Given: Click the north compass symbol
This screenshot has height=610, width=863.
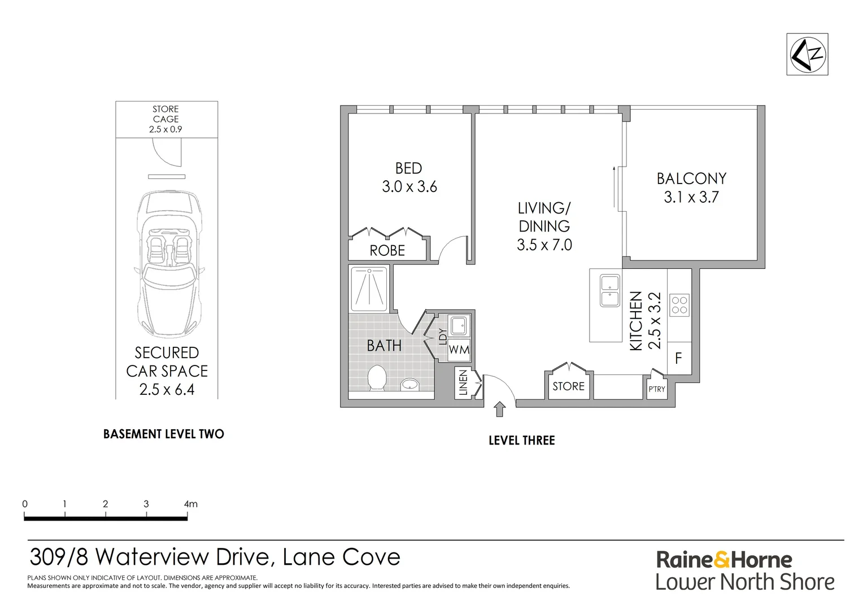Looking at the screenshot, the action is [x=807, y=54].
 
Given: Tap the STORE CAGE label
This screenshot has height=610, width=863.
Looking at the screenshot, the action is [x=165, y=114].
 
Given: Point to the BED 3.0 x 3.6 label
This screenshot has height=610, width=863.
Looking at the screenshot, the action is [x=409, y=178].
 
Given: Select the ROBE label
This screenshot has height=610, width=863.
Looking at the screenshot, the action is [x=387, y=251].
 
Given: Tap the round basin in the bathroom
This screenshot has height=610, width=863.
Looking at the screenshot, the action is [x=410, y=384].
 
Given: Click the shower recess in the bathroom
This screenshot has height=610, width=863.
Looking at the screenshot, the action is [x=369, y=289].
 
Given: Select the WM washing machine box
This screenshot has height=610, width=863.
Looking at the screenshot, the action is [x=459, y=350].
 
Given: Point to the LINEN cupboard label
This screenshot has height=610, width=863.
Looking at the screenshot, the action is [x=463, y=382].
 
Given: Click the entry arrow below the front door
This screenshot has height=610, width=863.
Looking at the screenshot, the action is [x=499, y=409].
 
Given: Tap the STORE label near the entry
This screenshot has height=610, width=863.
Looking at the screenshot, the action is [x=568, y=386].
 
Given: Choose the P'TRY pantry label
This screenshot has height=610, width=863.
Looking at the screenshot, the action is [x=657, y=389].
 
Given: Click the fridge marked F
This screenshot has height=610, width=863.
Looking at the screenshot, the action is [x=679, y=358].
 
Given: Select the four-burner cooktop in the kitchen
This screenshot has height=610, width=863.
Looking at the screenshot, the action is [x=679, y=306].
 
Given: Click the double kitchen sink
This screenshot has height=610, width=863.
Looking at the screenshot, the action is [x=610, y=290].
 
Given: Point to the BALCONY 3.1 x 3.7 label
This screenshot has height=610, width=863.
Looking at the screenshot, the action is [x=691, y=188].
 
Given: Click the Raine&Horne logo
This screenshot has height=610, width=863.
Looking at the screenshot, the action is [x=724, y=560].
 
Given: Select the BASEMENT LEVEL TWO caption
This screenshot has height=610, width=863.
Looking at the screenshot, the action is [x=164, y=434].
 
